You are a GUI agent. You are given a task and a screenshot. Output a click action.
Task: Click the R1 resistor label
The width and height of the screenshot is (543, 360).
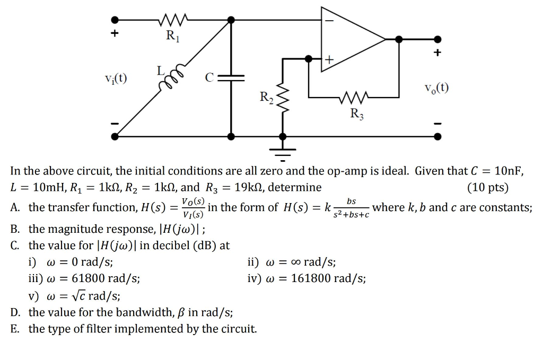[172, 36]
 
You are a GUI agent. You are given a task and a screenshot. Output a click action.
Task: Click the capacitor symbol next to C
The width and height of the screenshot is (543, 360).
[231, 78]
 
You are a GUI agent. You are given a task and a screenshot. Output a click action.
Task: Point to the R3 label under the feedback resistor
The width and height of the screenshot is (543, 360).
[356, 113]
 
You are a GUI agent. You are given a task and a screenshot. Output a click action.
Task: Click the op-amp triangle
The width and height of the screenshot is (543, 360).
[350, 39]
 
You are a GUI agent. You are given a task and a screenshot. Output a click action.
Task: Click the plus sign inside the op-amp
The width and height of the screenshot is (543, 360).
[329, 60]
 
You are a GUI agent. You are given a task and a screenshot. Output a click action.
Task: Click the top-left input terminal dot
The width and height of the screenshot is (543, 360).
[114, 20]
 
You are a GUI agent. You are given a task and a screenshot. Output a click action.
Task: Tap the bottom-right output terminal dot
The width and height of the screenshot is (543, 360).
[437, 136]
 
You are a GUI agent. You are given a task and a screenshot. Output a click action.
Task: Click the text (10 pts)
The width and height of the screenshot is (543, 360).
[487, 187]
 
